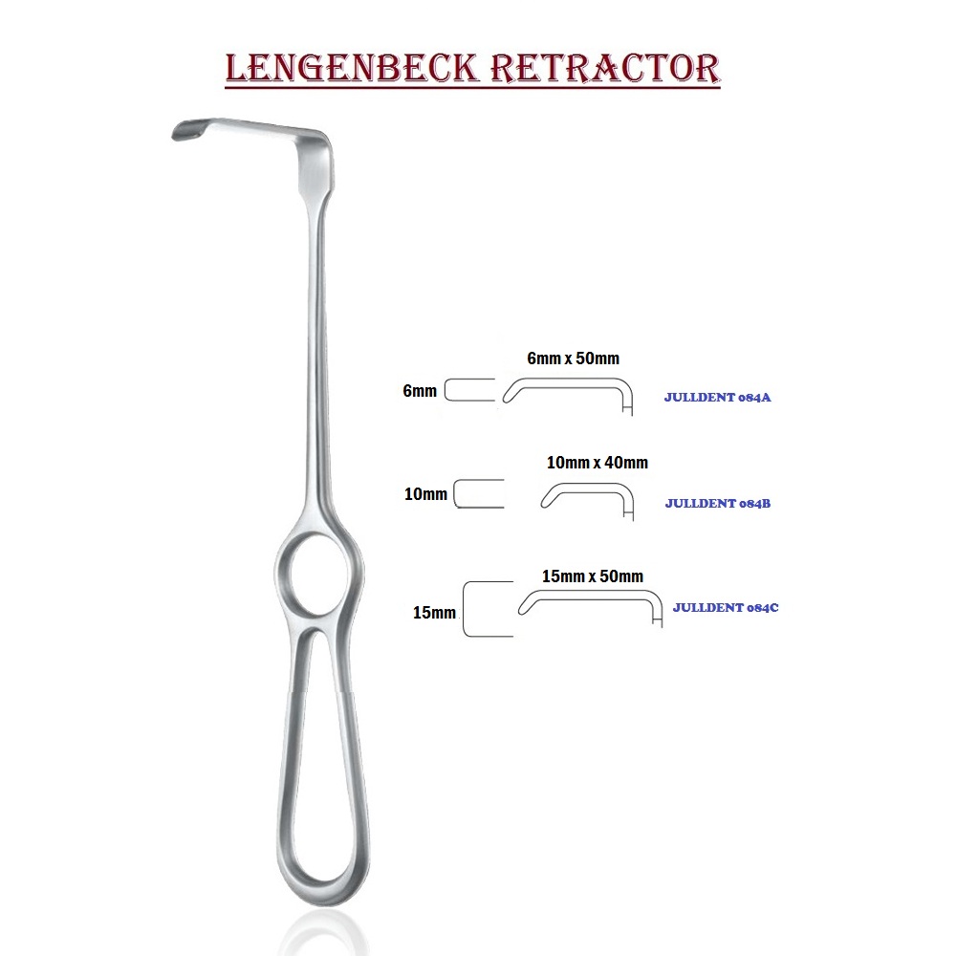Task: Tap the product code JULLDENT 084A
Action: [717, 398]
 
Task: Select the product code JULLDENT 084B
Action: [717, 503]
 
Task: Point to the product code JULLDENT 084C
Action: [725, 607]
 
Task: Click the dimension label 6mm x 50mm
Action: [574, 358]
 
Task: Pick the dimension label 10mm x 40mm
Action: [597, 463]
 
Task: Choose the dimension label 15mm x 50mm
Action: [592, 576]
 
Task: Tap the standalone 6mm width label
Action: [420, 390]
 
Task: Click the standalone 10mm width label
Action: [425, 494]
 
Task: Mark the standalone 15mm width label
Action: [434, 613]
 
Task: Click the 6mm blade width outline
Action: [469, 390]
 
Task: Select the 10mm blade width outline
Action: [478, 494]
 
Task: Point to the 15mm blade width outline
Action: [488, 609]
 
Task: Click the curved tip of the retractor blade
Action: [185, 130]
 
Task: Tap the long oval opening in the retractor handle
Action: [315, 746]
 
